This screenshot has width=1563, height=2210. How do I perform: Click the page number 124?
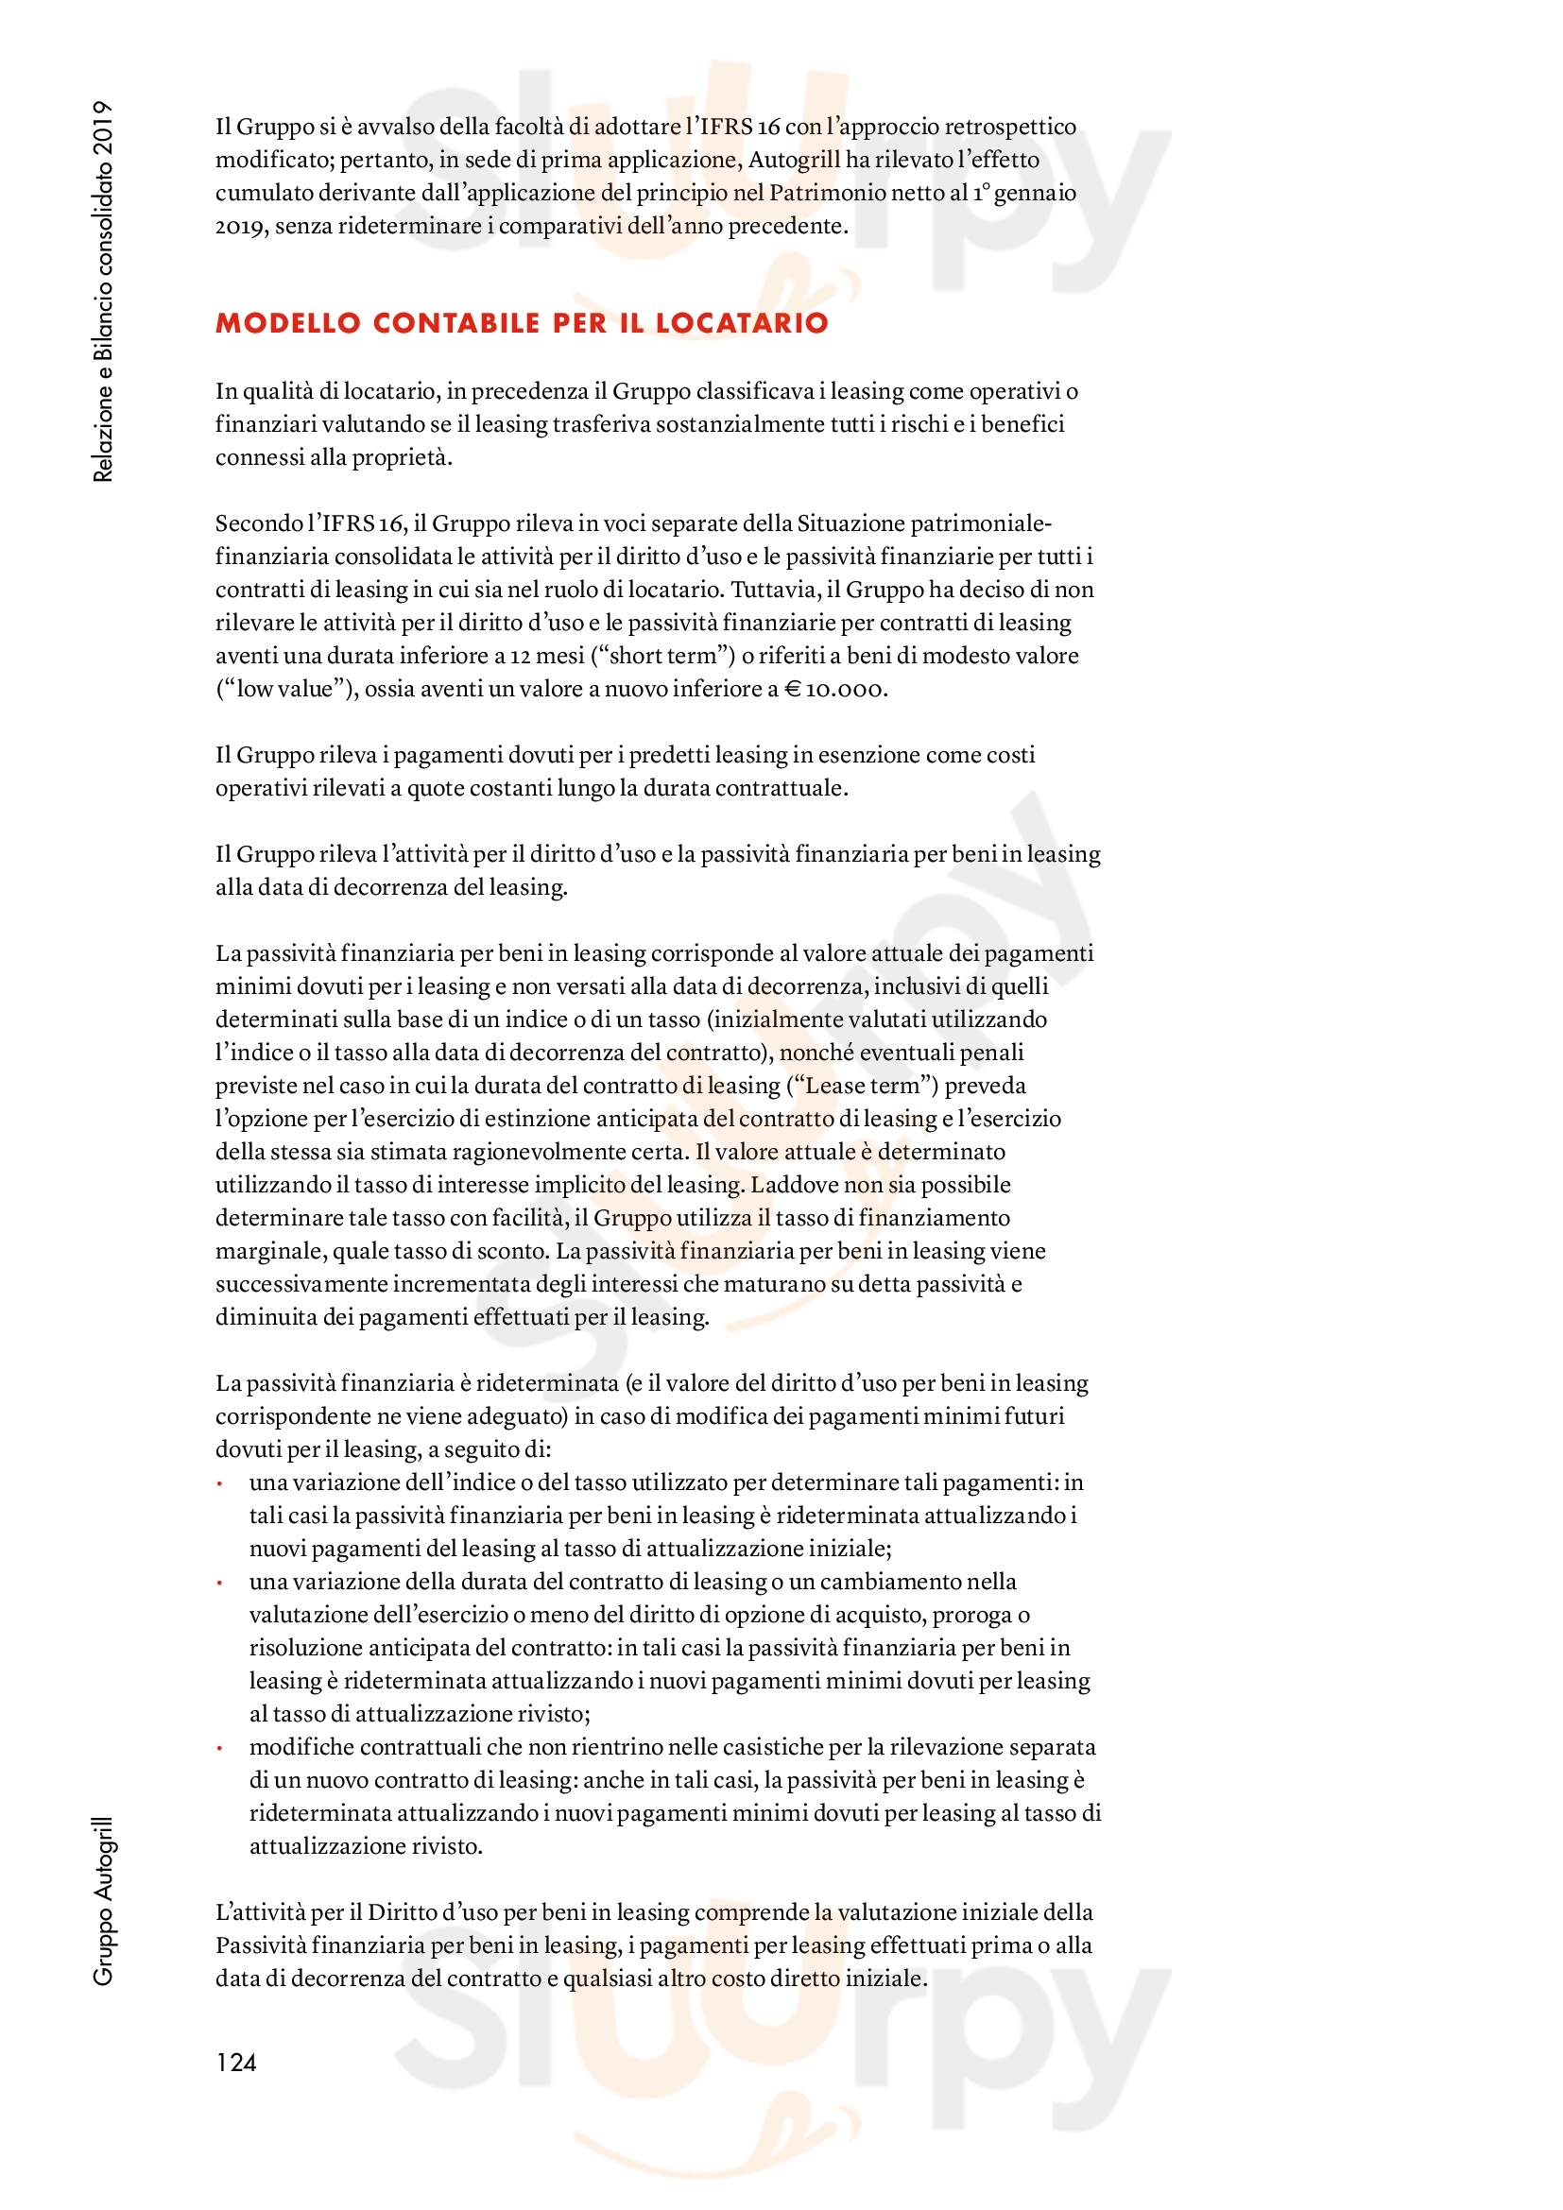click(x=236, y=2062)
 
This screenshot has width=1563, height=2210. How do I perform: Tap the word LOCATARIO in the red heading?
click(x=741, y=322)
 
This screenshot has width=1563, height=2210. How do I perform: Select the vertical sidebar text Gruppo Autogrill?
click(x=103, y=1901)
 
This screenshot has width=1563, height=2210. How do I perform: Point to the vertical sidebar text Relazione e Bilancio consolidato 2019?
click(x=103, y=291)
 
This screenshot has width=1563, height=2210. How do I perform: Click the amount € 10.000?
click(x=834, y=689)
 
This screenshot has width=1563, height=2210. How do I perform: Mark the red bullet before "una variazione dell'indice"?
click(x=220, y=1484)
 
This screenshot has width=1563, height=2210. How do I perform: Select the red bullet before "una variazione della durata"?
click(x=220, y=1584)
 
